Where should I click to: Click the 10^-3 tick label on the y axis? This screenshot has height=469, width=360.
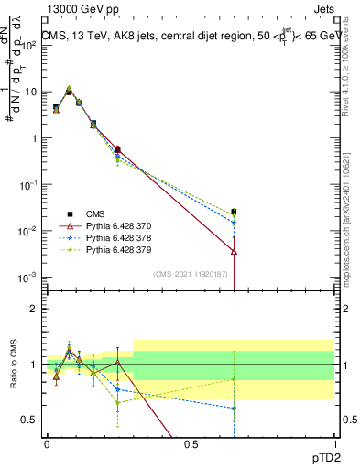point(27,277)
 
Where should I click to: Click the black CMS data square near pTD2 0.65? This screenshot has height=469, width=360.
point(234,212)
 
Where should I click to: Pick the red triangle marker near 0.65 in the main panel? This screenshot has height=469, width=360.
point(234,251)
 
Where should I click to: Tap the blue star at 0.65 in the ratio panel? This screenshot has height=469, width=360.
point(234,409)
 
